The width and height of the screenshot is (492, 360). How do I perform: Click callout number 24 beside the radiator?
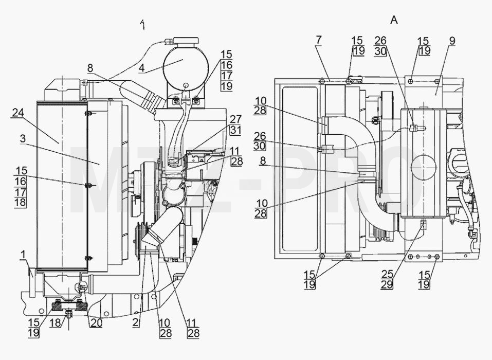pos(18,113)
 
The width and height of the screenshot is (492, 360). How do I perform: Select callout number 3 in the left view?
pos(23,138)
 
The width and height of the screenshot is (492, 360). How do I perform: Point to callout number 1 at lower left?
pos(22,255)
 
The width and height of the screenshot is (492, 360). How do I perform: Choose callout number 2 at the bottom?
pos(135,322)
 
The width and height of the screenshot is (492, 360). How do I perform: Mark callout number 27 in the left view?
pos(235,119)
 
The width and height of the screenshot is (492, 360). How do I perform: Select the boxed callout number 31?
pos(235,130)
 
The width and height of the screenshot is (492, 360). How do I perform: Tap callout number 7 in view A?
pos(318,40)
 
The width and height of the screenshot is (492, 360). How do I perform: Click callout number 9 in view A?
pos(452,41)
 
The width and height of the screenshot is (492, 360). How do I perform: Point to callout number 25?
pos(387,274)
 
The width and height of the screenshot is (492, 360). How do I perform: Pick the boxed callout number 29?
pos(387,284)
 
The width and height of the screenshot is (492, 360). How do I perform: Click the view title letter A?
pos(394,20)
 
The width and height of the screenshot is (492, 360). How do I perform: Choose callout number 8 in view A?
pos(263,161)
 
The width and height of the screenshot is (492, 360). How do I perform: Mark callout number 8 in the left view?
pos(90,68)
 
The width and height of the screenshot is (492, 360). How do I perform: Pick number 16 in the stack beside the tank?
pos(226,65)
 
